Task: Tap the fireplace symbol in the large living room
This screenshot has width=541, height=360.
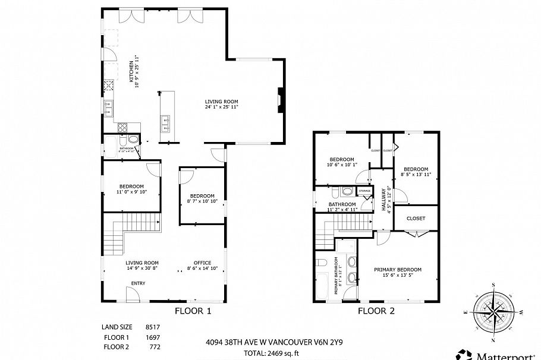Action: tap(279, 100)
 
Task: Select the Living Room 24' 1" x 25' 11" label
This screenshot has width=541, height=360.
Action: tap(221, 105)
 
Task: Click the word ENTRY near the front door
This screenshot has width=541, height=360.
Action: tap(138, 283)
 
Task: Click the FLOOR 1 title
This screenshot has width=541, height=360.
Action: tap(192, 311)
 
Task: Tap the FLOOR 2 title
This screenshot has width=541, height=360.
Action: tap(376, 311)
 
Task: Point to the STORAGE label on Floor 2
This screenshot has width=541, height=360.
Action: tap(364, 191)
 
